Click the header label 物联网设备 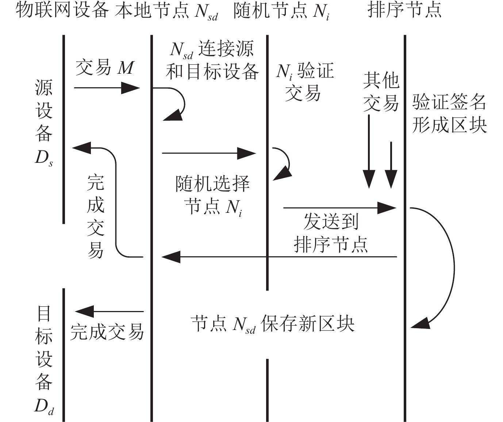click(62, 10)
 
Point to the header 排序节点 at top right click(404, 10)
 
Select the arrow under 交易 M click(107, 88)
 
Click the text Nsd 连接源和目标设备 click(212, 60)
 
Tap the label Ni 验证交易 click(304, 82)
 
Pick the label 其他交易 click(381, 92)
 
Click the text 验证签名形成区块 click(449, 113)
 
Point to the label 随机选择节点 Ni click(212, 195)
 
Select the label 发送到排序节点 click(331, 233)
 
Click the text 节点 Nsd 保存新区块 click(272, 324)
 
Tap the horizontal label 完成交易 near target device click(107, 332)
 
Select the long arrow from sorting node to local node click(279, 257)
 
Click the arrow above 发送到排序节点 click(339, 208)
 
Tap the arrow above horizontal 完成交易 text click(110, 312)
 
